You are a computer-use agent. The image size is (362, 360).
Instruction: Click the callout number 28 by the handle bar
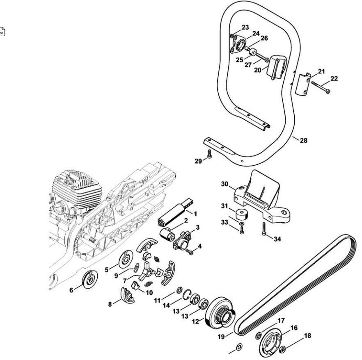(303, 141)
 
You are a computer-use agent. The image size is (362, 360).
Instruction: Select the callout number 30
(225, 185)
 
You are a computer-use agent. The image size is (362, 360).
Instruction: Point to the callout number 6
(71, 290)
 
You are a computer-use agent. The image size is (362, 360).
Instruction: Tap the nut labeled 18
(283, 350)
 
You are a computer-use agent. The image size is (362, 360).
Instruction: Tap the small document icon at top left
(2, 31)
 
